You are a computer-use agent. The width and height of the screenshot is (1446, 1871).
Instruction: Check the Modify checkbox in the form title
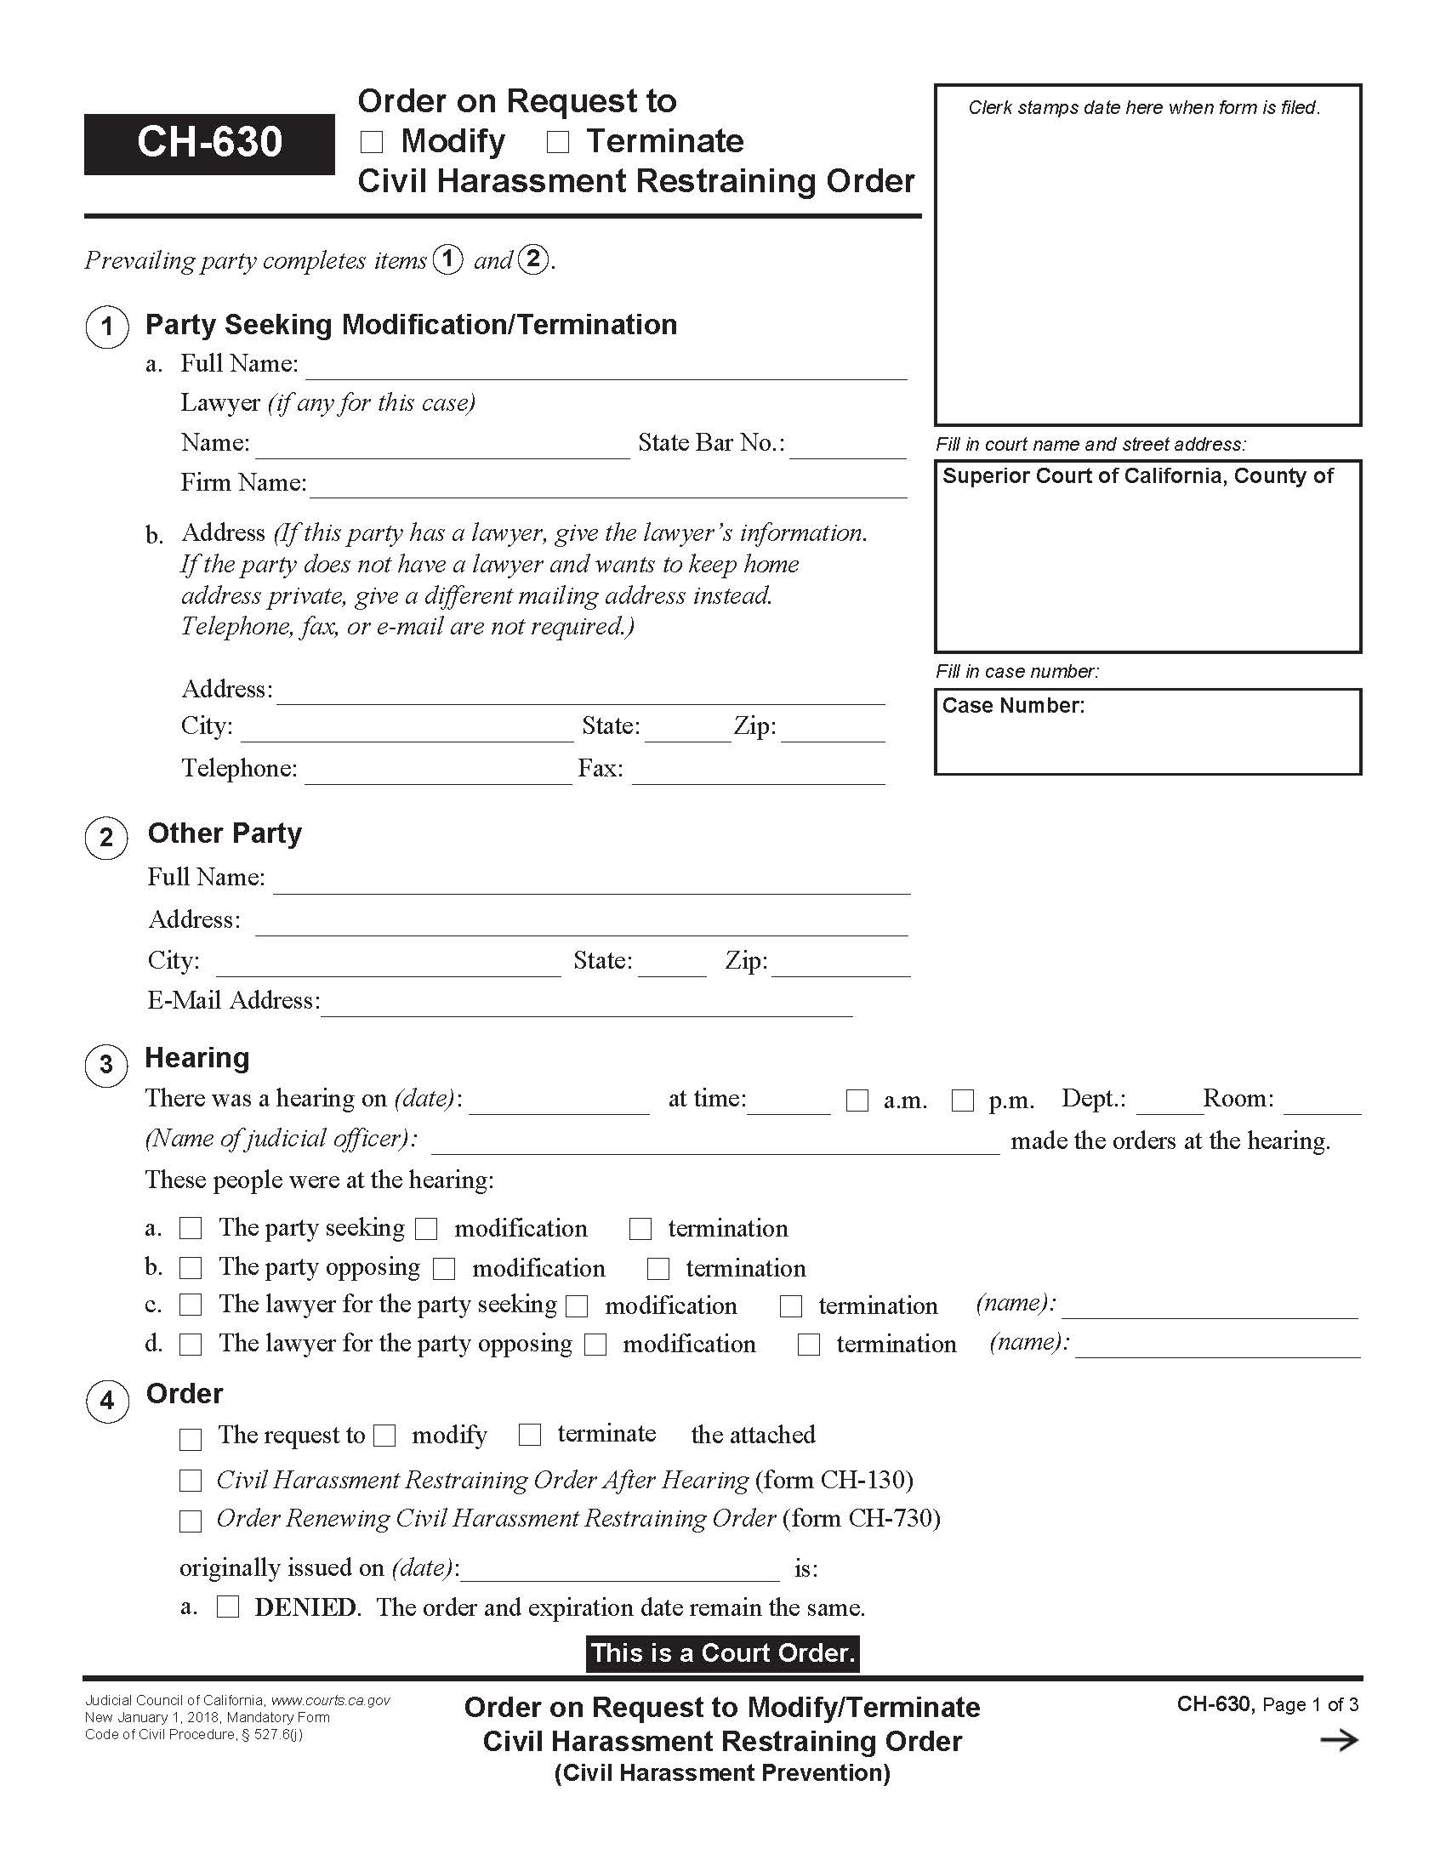click(x=372, y=142)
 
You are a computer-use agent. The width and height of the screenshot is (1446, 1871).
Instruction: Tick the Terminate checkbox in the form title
click(x=558, y=142)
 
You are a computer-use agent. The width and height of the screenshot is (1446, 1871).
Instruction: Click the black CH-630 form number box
click(x=209, y=143)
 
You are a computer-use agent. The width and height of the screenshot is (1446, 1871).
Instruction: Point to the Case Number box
click(x=1147, y=731)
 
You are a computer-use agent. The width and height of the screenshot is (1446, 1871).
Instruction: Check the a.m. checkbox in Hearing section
click(x=857, y=1100)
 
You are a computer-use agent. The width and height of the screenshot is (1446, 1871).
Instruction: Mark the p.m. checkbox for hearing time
click(x=963, y=1100)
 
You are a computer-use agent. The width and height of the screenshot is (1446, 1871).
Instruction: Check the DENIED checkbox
click(x=228, y=1607)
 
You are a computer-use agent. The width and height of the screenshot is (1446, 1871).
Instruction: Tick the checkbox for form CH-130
click(x=191, y=1481)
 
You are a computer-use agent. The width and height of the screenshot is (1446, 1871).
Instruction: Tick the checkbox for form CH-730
click(x=191, y=1521)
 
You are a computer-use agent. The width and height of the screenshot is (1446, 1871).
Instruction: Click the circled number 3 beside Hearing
click(x=106, y=1065)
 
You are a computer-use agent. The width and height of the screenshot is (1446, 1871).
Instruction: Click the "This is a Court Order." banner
click(x=722, y=1653)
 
